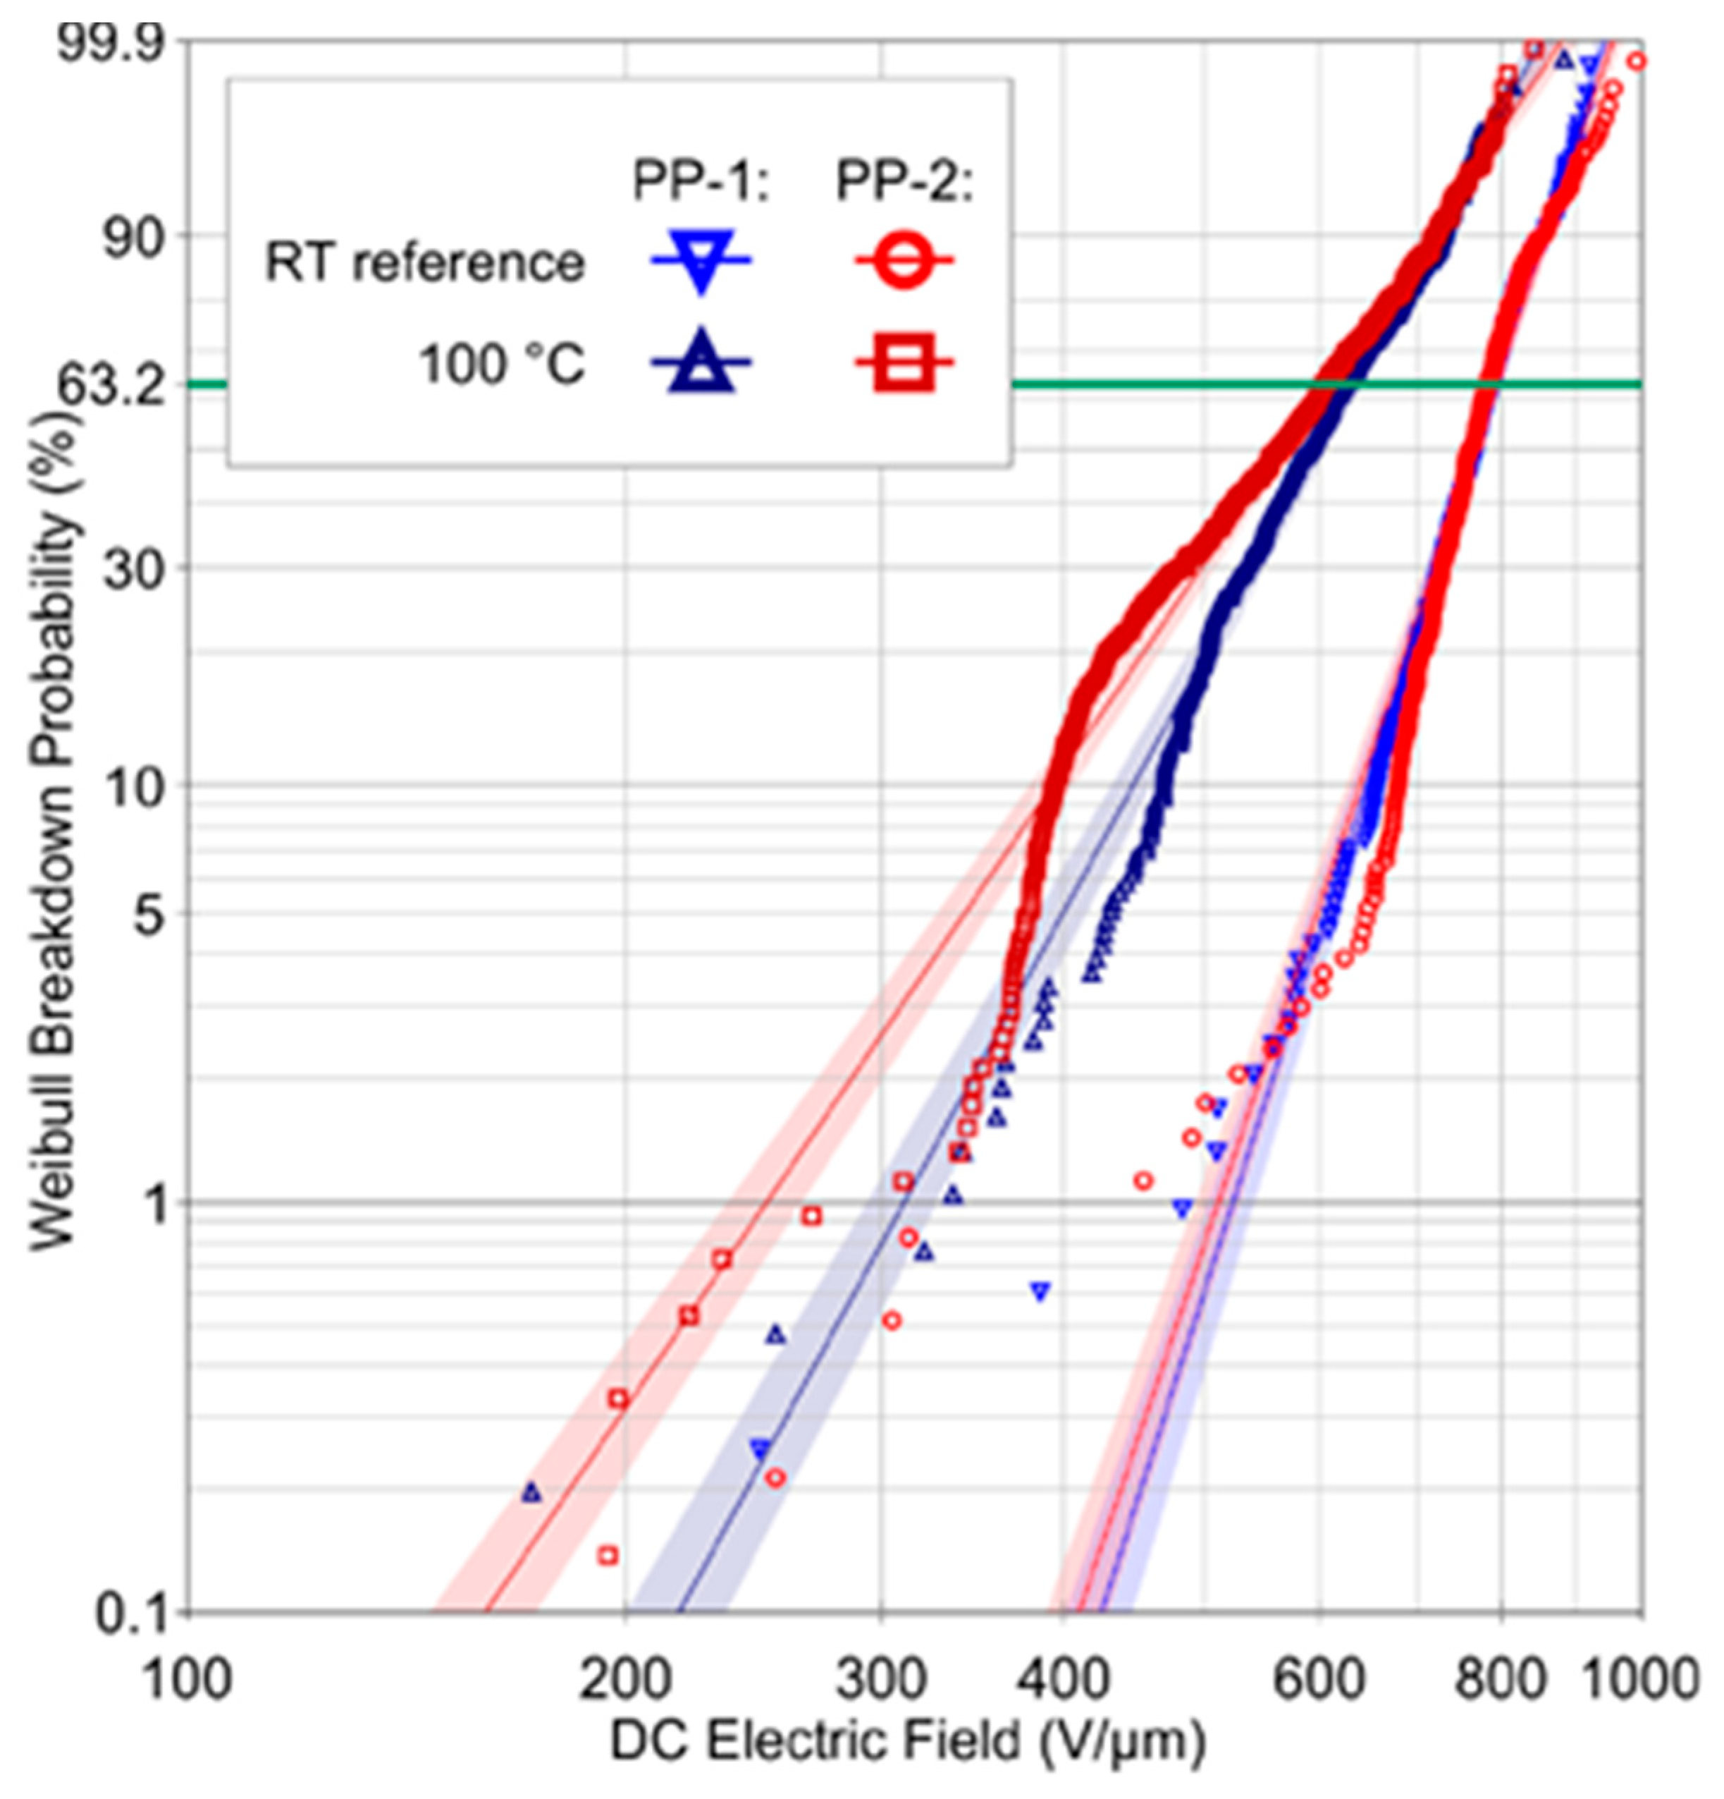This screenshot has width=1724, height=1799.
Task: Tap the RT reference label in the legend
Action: tap(424, 264)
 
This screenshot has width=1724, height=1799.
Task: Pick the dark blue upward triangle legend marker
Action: tap(701, 365)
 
